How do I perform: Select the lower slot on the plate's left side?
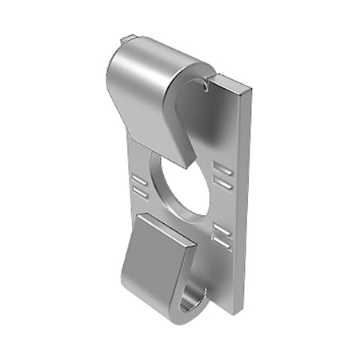click(140, 192)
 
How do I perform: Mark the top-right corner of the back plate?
click(254, 90)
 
